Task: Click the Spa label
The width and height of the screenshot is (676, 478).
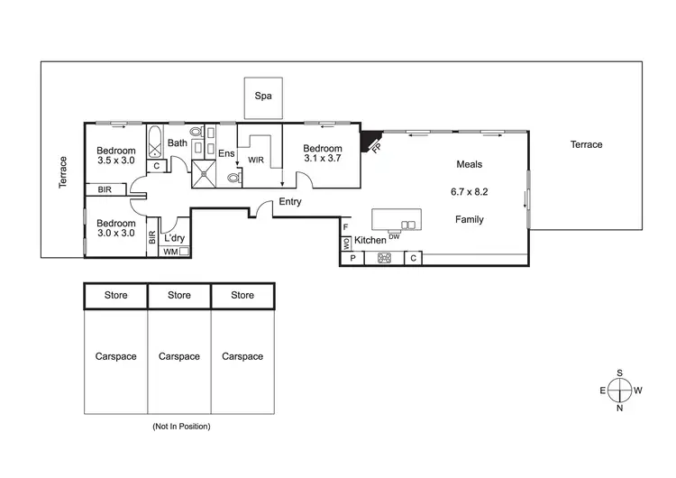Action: [x=263, y=96]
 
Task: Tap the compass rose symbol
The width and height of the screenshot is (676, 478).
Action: [x=619, y=390]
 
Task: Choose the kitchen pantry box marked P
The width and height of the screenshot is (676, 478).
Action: [x=352, y=259]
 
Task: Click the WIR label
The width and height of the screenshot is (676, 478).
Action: [x=256, y=160]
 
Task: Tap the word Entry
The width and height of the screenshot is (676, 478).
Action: [x=290, y=202]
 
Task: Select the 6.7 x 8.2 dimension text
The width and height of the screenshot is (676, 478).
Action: [x=469, y=191]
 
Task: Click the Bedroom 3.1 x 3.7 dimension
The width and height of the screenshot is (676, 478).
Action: [x=322, y=159]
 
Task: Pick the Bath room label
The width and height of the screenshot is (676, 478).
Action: [x=178, y=142]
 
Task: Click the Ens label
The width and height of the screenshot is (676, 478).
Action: [x=225, y=154]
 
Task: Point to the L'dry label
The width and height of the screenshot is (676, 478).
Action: [x=175, y=238]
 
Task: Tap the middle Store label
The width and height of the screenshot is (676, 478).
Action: [x=179, y=295]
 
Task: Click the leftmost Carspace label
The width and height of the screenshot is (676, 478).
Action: [x=116, y=356]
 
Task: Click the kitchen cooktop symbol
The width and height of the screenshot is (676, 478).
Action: [x=384, y=259]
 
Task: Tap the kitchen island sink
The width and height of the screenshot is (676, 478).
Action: [x=409, y=225]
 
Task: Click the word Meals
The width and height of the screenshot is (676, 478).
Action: [x=469, y=164]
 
